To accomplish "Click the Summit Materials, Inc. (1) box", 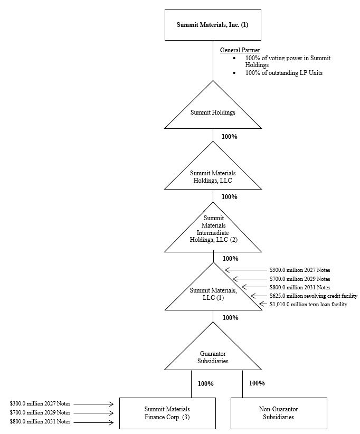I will [213, 24].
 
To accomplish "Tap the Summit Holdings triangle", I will [213, 112].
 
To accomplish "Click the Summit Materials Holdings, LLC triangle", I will [213, 176].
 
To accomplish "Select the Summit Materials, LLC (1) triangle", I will [213, 294].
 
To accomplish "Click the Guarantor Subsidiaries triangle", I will [213, 356].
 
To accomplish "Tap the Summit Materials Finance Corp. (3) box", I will [167, 413].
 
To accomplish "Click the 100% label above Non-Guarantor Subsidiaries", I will [257, 383].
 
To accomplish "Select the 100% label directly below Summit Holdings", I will [229, 137].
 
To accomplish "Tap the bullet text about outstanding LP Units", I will [283, 73].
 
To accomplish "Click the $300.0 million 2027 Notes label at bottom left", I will [40, 404].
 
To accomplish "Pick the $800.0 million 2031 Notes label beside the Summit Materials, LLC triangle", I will [299, 287].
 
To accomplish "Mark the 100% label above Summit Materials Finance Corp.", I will [206, 384].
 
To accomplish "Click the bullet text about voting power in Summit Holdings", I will [288, 61].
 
